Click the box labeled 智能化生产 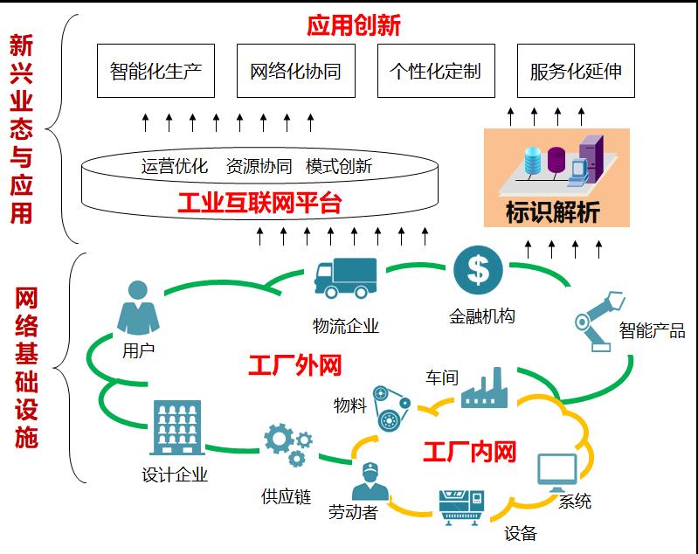click(x=156, y=71)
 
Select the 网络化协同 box click(x=295, y=71)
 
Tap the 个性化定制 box click(x=435, y=71)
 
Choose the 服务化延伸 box click(x=576, y=71)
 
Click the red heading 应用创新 click(x=353, y=25)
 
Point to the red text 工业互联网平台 click(x=259, y=205)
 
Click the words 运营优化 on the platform click(x=175, y=166)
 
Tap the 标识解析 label click(x=553, y=212)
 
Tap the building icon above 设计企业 click(x=176, y=428)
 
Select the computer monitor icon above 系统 click(x=556, y=473)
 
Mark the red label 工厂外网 click(x=295, y=365)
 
